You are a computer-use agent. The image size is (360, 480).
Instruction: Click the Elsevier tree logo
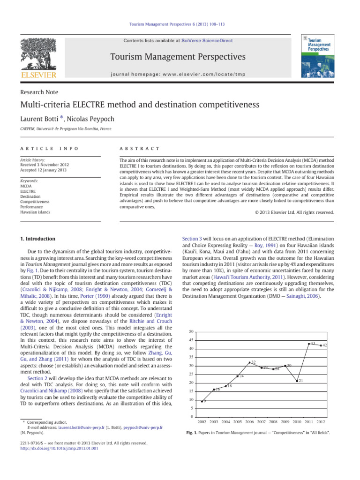click(x=41, y=54)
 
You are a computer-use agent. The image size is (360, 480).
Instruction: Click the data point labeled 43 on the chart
click(x=309, y=344)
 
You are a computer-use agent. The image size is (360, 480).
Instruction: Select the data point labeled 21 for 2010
click(x=297, y=381)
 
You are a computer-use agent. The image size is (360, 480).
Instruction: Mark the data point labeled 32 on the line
click(x=249, y=362)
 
